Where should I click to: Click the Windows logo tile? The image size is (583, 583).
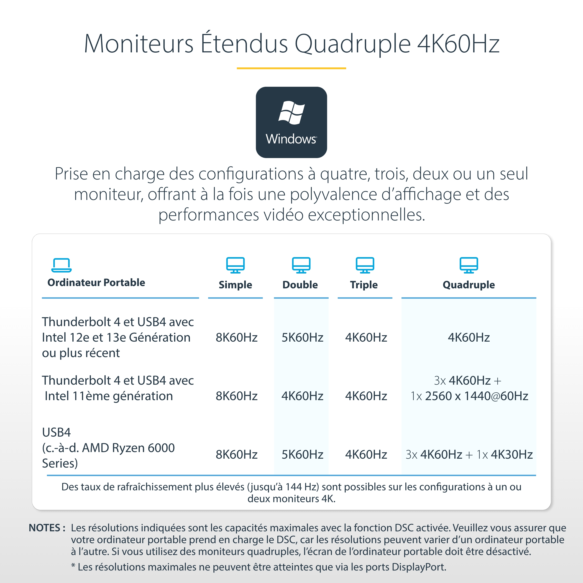coord(291,122)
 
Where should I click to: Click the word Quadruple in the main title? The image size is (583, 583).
coord(352,44)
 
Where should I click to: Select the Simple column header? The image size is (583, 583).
coord(235,285)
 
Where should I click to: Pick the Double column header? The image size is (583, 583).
coord(300,285)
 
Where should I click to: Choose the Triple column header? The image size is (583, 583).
coord(364,285)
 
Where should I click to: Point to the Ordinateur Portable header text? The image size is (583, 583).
coord(96,282)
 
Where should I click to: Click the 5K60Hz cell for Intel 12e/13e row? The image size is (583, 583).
coord(302,337)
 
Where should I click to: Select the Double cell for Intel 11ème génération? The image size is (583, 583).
coord(302,396)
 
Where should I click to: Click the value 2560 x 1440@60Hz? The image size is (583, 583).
coord(476,396)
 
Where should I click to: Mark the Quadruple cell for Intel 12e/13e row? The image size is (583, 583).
coord(469,337)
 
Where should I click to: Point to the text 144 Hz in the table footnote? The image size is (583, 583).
coord(301,487)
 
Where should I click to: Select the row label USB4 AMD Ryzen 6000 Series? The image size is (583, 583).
coord(108,448)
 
